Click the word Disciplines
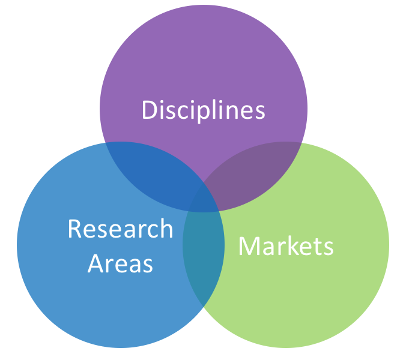coord(203,110)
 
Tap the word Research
coord(120,229)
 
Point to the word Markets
coord(286,246)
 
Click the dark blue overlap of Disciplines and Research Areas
coord(157,174)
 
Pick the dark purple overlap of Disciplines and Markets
coord(252,174)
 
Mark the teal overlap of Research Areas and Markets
coord(203,252)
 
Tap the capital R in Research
coord(74,229)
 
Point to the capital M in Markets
coord(249,246)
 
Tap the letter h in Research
coord(166,228)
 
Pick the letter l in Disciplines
coord(223,109)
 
